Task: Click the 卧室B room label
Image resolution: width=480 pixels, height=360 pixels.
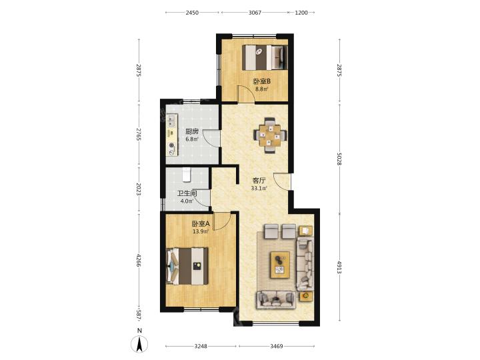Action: point(262,81)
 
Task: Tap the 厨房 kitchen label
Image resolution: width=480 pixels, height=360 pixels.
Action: point(192,132)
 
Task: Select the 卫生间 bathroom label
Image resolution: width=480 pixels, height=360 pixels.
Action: point(187,194)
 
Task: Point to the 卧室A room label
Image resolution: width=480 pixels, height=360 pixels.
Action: point(201,224)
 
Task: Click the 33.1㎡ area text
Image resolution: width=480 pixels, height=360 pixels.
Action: point(259,189)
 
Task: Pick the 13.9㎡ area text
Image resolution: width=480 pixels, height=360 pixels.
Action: point(201,232)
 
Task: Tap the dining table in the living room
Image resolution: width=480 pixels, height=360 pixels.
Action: point(270,135)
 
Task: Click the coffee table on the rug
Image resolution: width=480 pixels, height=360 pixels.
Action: point(280,265)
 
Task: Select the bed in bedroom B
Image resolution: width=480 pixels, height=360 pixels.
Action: point(265,57)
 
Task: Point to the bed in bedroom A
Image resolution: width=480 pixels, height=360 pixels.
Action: point(187,266)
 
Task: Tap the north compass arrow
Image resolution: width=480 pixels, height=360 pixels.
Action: point(139,344)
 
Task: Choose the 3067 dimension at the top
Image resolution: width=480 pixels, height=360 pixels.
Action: point(255,13)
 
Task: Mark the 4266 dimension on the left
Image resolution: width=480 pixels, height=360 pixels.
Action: point(139,260)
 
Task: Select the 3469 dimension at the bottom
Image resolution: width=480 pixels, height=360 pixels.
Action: point(277,346)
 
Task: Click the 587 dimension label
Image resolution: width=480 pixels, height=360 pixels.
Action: point(139,315)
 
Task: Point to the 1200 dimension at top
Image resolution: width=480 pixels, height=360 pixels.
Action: point(301,13)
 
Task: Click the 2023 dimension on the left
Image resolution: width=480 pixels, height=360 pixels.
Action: point(139,189)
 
